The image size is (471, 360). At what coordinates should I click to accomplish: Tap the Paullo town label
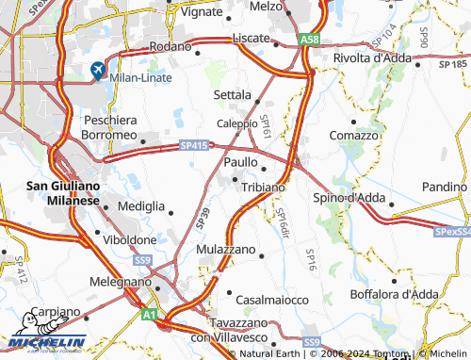[244, 163]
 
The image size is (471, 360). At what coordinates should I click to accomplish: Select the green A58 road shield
[310, 40]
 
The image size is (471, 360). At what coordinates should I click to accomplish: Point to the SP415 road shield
[193, 145]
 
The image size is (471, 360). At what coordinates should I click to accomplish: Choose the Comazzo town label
[354, 136]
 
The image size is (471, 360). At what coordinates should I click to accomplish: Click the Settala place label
[232, 95]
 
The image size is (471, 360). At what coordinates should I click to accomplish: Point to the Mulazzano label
[226, 250]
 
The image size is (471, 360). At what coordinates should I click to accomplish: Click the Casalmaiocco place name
[272, 299]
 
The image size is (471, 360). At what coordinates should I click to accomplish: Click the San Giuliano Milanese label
[58, 192]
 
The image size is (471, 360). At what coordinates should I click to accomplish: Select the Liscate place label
[252, 39]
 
